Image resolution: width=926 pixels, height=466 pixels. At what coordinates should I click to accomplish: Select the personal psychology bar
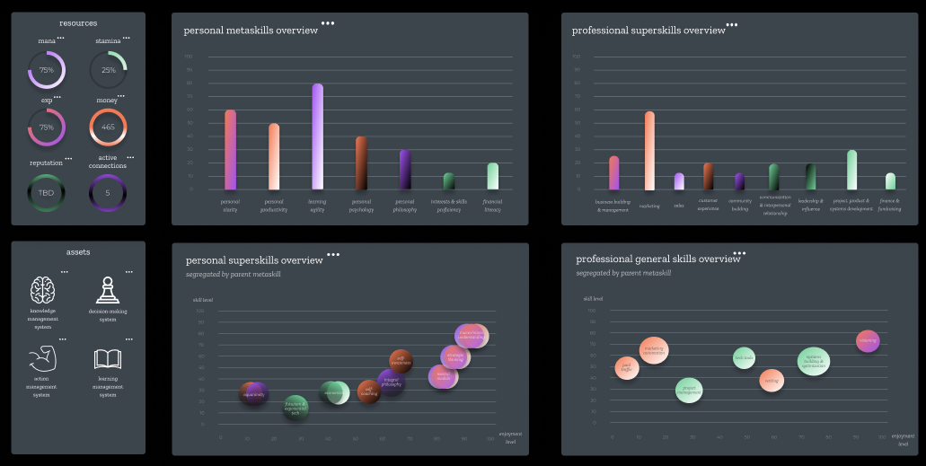pyautogui.click(x=361, y=163)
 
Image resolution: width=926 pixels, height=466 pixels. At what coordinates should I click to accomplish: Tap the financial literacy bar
pyautogui.click(x=492, y=176)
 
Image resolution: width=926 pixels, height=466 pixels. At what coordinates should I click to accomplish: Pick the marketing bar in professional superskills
pyautogui.click(x=649, y=151)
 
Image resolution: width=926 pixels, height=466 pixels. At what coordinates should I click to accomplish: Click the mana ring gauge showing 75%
pyautogui.click(x=47, y=69)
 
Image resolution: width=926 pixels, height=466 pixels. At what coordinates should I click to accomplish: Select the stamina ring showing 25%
pyautogui.click(x=108, y=69)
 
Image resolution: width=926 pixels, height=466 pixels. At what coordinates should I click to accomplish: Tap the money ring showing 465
pyautogui.click(x=108, y=127)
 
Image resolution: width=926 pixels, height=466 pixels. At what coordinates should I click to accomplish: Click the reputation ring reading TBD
pyautogui.click(x=47, y=192)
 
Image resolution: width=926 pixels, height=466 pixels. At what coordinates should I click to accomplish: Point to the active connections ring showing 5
pyautogui.click(x=108, y=192)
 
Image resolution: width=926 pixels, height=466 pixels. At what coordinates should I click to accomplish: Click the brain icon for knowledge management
pyautogui.click(x=43, y=290)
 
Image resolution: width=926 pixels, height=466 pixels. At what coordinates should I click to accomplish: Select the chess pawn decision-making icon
pyautogui.click(x=108, y=290)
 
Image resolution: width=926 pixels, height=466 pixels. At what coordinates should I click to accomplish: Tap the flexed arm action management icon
pyautogui.click(x=43, y=359)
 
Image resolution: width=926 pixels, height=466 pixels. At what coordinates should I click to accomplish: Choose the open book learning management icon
pyautogui.click(x=108, y=359)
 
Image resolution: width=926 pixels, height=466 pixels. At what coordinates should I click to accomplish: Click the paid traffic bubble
pyautogui.click(x=627, y=367)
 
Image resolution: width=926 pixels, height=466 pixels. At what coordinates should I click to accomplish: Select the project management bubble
pyautogui.click(x=689, y=390)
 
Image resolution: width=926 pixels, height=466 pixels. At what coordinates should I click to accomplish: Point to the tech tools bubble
pyautogui.click(x=744, y=357)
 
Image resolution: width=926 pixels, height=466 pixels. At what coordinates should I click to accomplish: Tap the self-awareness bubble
pyautogui.click(x=401, y=360)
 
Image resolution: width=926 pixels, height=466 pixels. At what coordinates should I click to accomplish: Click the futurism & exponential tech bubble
pyautogui.click(x=295, y=409)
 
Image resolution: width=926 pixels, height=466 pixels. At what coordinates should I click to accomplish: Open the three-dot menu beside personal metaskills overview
pyautogui.click(x=328, y=23)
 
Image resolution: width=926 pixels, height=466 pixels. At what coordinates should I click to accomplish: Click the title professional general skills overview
pyautogui.click(x=657, y=259)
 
